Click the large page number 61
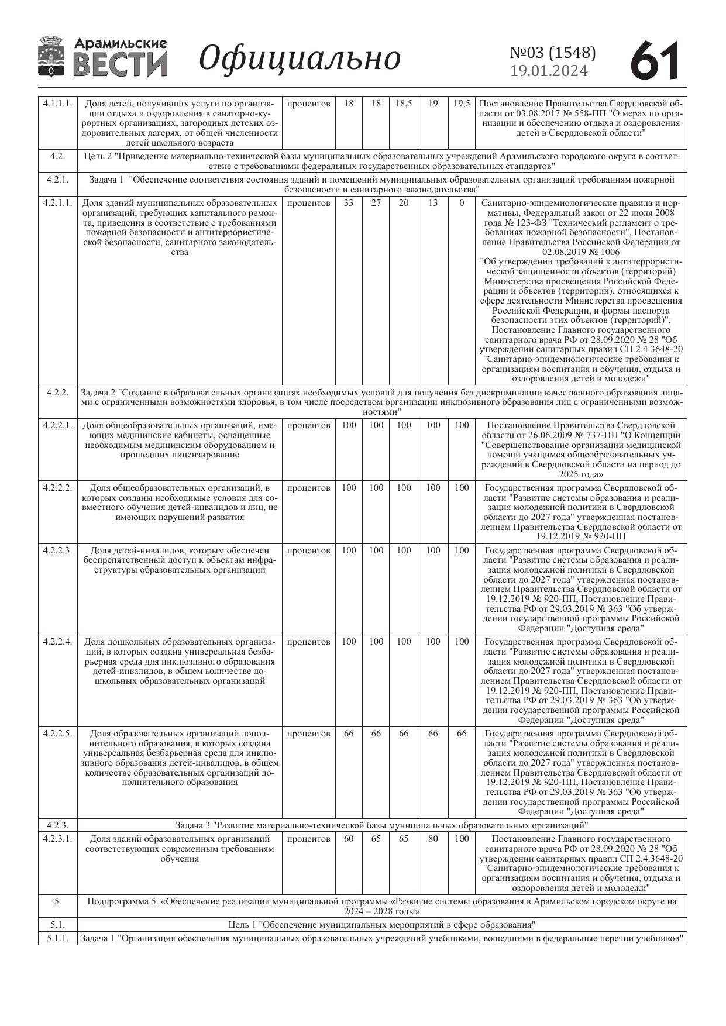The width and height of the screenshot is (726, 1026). tap(655, 60)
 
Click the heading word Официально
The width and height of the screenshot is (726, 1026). tap(300, 58)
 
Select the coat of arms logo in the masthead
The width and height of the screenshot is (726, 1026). tap(52, 57)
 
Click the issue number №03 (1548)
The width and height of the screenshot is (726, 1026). tap(553, 53)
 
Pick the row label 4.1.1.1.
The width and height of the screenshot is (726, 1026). tap(57, 104)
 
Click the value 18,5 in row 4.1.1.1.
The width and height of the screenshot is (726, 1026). tap(404, 104)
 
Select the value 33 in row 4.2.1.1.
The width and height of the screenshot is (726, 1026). tap(349, 203)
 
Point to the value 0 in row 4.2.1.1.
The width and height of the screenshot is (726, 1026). tap(462, 203)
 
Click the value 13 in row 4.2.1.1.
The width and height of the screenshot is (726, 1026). tap(433, 203)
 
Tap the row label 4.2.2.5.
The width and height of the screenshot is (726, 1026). tap(57, 734)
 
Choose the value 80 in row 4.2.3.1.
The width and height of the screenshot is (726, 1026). tap(433, 839)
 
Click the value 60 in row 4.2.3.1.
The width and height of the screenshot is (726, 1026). tap(349, 839)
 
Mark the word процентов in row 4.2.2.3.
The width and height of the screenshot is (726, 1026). tap(309, 550)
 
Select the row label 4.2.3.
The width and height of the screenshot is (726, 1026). tap(57, 825)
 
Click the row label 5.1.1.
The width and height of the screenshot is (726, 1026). tap(57, 938)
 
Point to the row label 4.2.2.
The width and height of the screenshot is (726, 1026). tap(57, 392)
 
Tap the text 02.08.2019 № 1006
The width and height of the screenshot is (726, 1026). tap(582, 252)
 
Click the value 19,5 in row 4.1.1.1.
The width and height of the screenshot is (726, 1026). tap(462, 104)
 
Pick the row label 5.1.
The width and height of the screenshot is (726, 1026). tap(57, 925)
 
